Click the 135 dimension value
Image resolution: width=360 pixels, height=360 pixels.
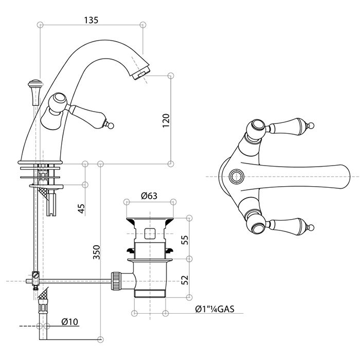tap(91, 20)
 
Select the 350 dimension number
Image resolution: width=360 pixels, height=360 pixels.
tap(96, 251)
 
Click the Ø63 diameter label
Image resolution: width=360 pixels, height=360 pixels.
tap(149, 195)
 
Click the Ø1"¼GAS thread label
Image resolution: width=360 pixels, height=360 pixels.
tap(215, 309)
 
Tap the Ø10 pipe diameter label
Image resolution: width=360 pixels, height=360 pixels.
tap(69, 322)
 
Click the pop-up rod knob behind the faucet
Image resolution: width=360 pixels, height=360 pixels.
tap(35, 84)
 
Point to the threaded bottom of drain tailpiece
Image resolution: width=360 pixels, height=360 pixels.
tap(149, 294)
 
